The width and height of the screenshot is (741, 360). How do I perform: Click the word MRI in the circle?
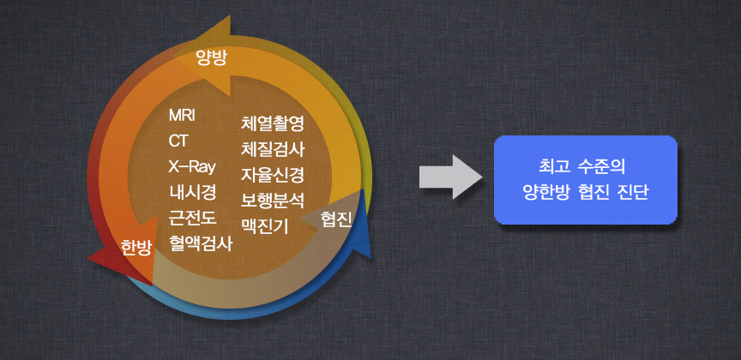tap(182, 115)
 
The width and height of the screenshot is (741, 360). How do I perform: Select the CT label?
tap(178, 141)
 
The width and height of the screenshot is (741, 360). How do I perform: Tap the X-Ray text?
tap(192, 167)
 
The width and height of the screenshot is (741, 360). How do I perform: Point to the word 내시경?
tap(193, 192)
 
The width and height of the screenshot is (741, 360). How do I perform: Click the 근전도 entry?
tap(193, 218)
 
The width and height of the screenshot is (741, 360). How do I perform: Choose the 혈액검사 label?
tap(201, 243)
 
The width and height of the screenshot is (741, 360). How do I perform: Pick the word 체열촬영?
tap(273, 123)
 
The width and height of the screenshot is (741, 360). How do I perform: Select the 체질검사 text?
tap(273, 150)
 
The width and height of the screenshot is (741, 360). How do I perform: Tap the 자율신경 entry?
tap(273, 175)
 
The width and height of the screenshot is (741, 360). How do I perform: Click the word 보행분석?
tap(273, 201)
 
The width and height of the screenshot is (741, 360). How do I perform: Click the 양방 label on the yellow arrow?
tap(212, 59)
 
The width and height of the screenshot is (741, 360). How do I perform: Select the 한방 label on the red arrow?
tap(136, 248)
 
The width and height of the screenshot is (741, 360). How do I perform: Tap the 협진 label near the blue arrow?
tap(336, 219)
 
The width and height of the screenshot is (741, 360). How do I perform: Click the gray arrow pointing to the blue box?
tap(450, 177)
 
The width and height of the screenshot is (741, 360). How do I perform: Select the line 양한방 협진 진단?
tap(586, 193)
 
